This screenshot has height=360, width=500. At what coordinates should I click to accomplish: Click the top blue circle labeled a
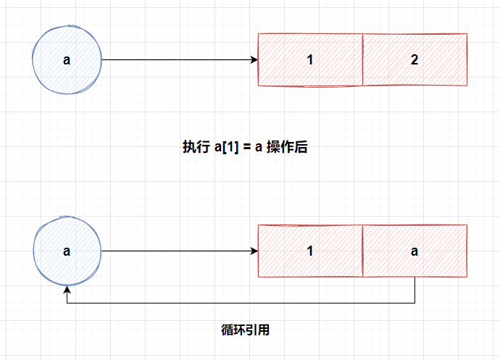67,60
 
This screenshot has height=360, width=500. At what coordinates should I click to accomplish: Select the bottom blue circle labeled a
67,251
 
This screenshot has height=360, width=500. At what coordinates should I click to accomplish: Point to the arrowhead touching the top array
254,60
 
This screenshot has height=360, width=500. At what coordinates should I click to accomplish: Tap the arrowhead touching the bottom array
254,251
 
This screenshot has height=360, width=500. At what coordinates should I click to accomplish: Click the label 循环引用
245,330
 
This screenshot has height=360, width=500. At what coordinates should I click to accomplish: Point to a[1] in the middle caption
227,146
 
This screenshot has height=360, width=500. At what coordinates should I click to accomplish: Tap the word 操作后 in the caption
288,146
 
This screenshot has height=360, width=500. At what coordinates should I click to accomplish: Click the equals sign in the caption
246,146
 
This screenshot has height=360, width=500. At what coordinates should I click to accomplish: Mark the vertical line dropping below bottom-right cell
414,290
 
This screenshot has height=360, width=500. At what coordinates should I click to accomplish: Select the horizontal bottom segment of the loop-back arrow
239,303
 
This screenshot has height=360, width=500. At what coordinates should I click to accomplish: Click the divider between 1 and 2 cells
362,60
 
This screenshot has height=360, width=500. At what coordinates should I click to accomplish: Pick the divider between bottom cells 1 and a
362,251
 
